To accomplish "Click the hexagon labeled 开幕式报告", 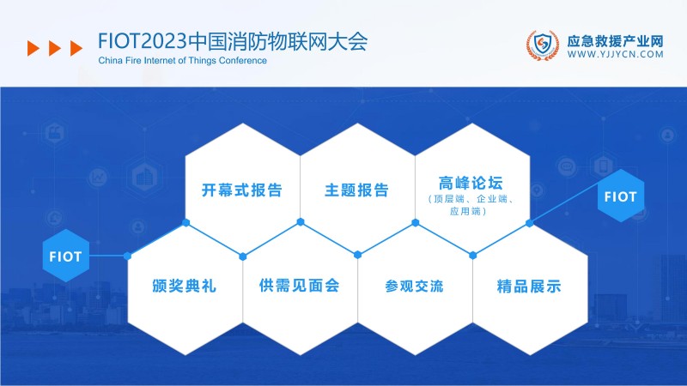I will click(x=242, y=190).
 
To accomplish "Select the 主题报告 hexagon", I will click(x=356, y=190).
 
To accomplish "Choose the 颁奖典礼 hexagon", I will click(x=184, y=286).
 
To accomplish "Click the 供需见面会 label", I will click(x=299, y=286).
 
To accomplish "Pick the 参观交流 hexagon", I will click(x=414, y=286).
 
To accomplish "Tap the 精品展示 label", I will click(x=529, y=286).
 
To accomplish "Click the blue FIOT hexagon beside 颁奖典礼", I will click(x=66, y=256).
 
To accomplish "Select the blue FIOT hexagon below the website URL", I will click(x=620, y=196).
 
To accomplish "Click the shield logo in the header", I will click(x=542, y=46).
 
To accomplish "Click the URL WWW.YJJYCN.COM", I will click(x=616, y=54).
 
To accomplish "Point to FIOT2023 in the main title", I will click(x=142, y=42).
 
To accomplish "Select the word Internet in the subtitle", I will click(x=177, y=60).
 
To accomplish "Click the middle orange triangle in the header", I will click(x=53, y=48).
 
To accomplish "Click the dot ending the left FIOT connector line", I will click(x=127, y=256).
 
